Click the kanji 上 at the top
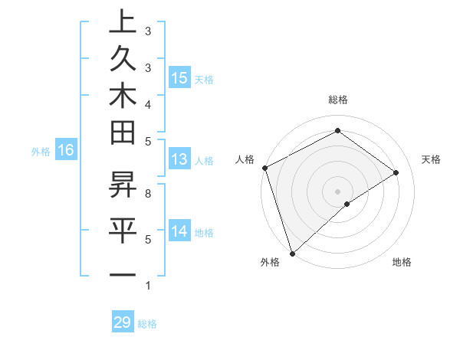[123, 21]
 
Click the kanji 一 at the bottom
[123, 274]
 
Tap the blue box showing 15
[179, 78]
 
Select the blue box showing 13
[179, 160]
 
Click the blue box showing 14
[179, 232]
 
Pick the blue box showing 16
[66, 151]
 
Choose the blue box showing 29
[123, 322]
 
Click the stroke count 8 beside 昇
[148, 194]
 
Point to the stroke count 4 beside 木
[148, 103]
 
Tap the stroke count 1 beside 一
[148, 286]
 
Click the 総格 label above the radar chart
[338, 100]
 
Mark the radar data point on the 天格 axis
[396, 172]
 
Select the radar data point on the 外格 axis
[292, 252]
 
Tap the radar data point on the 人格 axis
[264, 168]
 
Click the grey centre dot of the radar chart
[338, 191]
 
